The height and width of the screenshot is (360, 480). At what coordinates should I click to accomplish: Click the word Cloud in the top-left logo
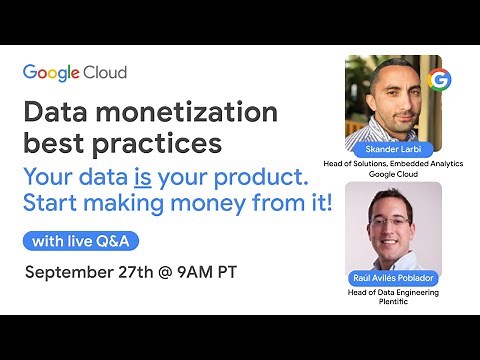107,73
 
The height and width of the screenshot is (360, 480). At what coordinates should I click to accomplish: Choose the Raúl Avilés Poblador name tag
392,278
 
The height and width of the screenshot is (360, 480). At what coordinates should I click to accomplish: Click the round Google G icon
438,79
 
